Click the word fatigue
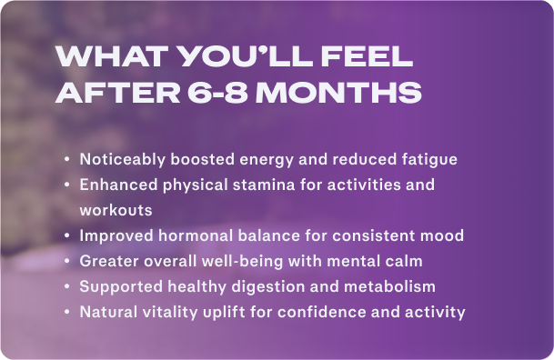click(428, 159)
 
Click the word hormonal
click(188, 235)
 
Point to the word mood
click(445, 235)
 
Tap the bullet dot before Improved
click(67, 235)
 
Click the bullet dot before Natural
click(67, 312)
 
